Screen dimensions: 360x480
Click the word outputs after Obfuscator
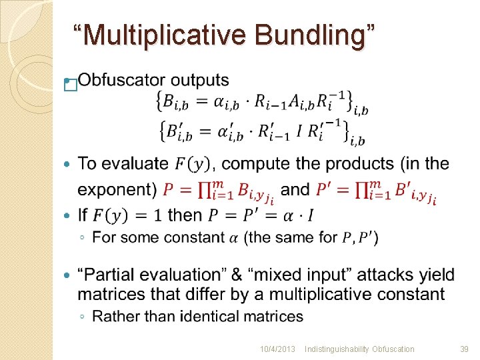point(200,81)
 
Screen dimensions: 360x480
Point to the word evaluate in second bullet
point(137,163)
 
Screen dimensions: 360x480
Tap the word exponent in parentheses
point(115,189)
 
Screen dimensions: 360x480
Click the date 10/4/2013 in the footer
point(278,349)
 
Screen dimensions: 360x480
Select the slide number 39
point(465,349)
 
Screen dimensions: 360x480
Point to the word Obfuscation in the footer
point(393,349)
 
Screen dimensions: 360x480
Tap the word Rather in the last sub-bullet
point(111,316)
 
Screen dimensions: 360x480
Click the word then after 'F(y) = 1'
point(185,215)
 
